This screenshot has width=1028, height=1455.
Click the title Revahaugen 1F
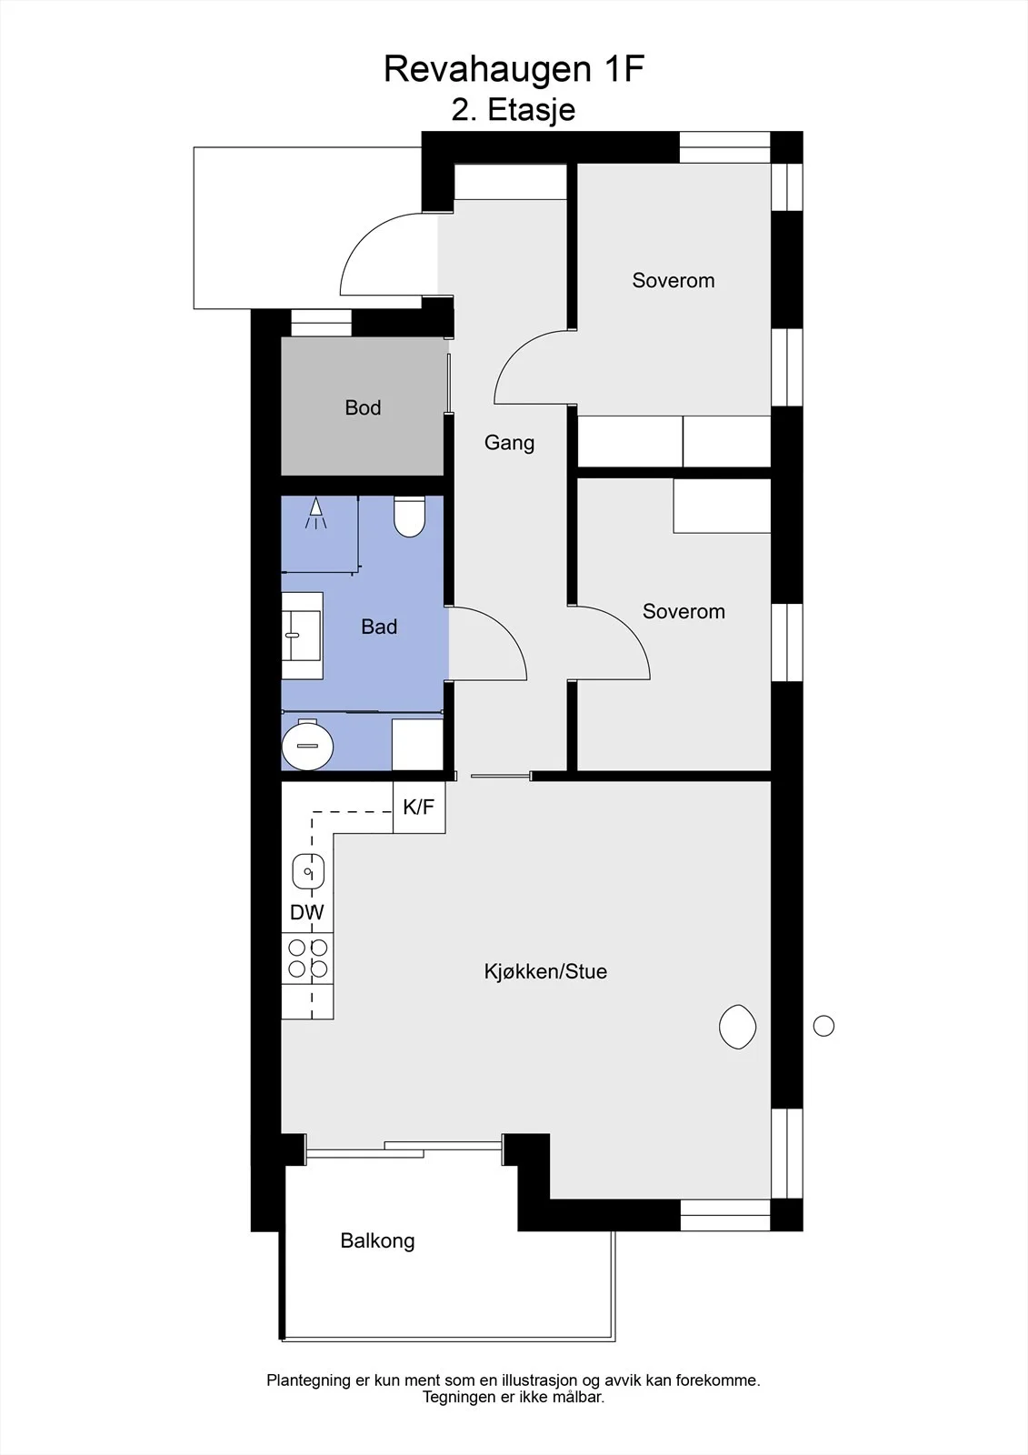click(x=514, y=70)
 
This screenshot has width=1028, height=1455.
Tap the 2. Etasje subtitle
click(x=513, y=110)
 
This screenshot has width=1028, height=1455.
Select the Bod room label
click(x=363, y=407)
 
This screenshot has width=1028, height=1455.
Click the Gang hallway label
click(x=509, y=443)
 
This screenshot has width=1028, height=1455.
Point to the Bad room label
click(x=379, y=627)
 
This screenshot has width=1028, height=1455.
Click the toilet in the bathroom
click(x=409, y=517)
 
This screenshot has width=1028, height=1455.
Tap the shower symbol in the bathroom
click(x=315, y=513)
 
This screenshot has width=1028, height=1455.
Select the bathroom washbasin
click(x=302, y=636)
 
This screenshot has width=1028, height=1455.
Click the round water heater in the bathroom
click(x=307, y=746)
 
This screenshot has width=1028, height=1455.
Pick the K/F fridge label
click(x=419, y=807)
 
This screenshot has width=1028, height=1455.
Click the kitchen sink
click(x=308, y=871)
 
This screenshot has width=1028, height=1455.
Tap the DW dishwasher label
click(x=307, y=912)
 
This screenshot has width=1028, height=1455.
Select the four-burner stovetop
click(x=307, y=958)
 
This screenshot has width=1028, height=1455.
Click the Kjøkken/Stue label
click(x=545, y=971)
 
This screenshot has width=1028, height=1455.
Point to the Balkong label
click(x=377, y=1240)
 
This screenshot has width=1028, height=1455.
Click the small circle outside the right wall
click(x=823, y=1026)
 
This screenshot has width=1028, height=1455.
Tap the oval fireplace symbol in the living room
click(x=738, y=1027)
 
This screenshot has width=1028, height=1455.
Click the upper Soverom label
click(x=674, y=280)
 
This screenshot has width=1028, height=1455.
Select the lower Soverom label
click(x=684, y=611)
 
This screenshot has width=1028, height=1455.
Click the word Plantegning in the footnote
click(x=308, y=1380)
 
